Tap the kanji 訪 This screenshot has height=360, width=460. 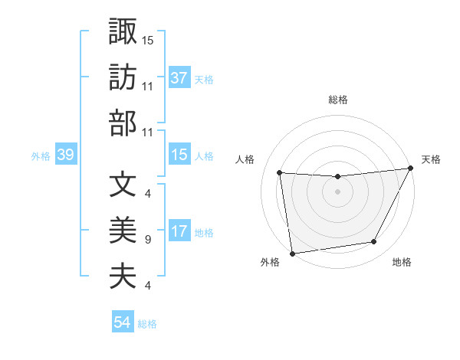click(123, 77)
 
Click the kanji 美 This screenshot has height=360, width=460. click(123, 231)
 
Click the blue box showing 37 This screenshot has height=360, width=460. click(179, 78)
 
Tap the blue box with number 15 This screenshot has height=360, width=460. click(179, 155)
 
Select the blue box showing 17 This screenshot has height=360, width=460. click(179, 232)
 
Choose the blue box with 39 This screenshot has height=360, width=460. click(66, 155)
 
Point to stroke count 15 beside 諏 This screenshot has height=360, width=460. click(148, 39)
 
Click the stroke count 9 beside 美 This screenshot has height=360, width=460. click(147, 240)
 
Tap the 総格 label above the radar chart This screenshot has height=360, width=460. click(338, 100)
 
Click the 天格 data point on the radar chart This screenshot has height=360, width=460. click(412, 169)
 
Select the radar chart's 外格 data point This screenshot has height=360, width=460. click(292, 253)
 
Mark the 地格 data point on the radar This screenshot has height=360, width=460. click(374, 242)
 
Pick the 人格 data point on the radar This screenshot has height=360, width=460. click(280, 173)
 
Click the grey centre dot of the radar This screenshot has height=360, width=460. click(338, 191)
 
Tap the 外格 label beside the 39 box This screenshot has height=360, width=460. click(41, 156)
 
